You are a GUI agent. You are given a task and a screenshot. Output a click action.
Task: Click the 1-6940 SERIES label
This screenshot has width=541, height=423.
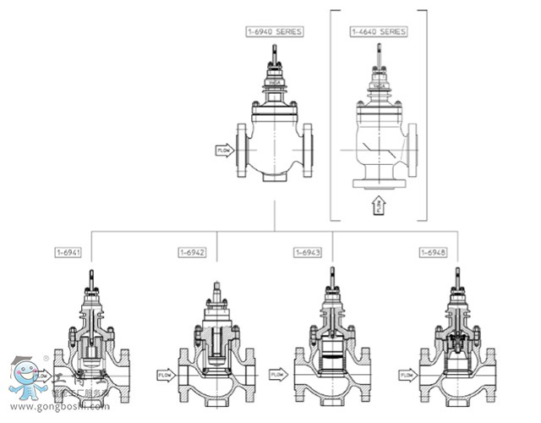[x=274, y=31]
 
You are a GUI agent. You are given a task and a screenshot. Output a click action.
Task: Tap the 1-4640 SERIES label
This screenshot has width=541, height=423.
[x=379, y=31]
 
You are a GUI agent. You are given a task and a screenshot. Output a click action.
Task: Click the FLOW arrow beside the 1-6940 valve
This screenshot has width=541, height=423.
[x=225, y=151]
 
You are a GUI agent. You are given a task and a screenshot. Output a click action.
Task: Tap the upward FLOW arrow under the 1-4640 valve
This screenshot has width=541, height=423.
[x=379, y=204]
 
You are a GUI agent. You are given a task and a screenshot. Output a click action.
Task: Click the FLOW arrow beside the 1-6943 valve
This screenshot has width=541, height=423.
[x=279, y=373]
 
